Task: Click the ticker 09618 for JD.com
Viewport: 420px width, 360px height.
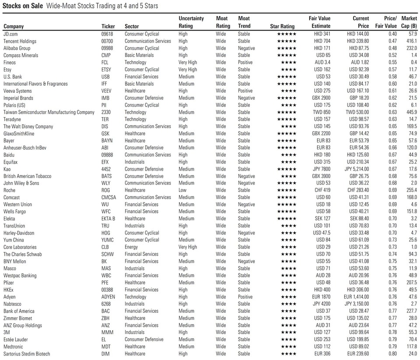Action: pyautogui.click(x=107, y=34)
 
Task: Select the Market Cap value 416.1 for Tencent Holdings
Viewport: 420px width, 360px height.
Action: pyautogui.click(x=411, y=41)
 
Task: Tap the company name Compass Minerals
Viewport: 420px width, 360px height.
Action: pyautogui.click(x=21, y=55)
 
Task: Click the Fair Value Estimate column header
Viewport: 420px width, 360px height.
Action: pyautogui.click(x=319, y=22)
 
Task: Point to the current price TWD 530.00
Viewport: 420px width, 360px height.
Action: pyautogui.click(x=357, y=112)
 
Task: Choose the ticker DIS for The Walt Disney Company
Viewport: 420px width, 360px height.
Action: pyautogui.click(x=105, y=126)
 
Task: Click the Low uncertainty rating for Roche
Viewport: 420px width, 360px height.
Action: pyautogui.click(x=182, y=190)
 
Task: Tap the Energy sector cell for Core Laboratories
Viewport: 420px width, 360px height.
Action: pyautogui.click(x=132, y=247)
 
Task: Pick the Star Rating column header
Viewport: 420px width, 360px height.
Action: pyautogui.click(x=282, y=26)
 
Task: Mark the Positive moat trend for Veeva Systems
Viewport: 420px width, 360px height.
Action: pyautogui.click(x=245, y=91)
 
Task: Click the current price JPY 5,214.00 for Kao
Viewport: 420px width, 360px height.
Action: pyautogui.click(x=357, y=169)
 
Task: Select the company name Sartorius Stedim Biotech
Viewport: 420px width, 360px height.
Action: pyautogui.click(x=27, y=354)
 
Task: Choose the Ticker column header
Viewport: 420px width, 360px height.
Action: pyautogui.click(x=108, y=26)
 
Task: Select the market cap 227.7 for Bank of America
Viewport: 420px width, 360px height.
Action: pyautogui.click(x=411, y=311)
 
